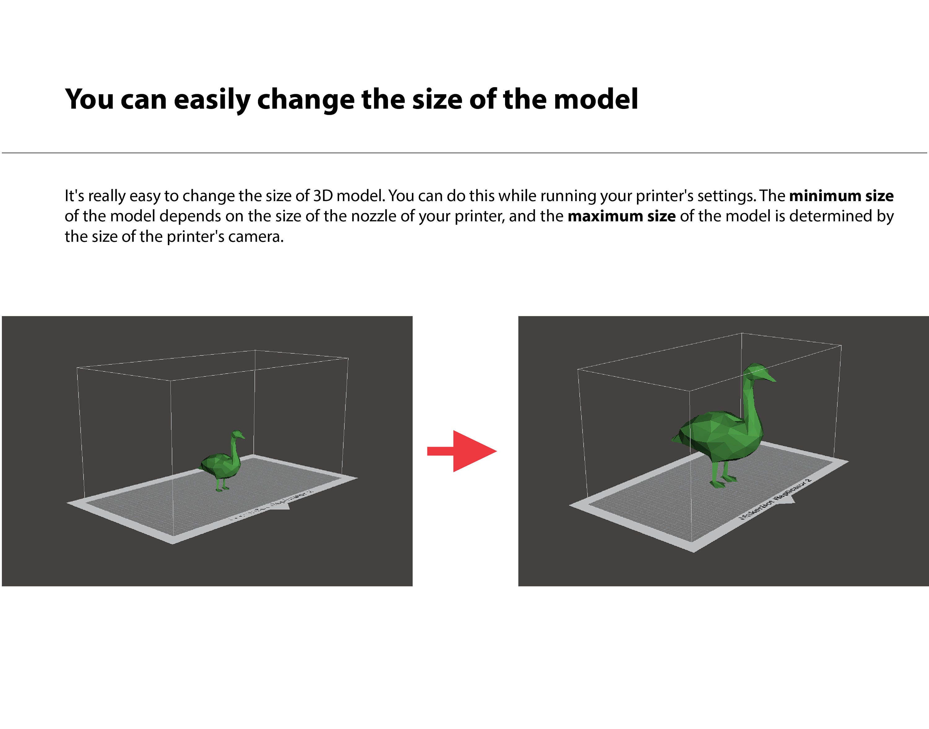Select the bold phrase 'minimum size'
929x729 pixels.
[841, 196]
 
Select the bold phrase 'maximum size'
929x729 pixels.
[621, 216]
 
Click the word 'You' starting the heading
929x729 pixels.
[89, 99]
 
